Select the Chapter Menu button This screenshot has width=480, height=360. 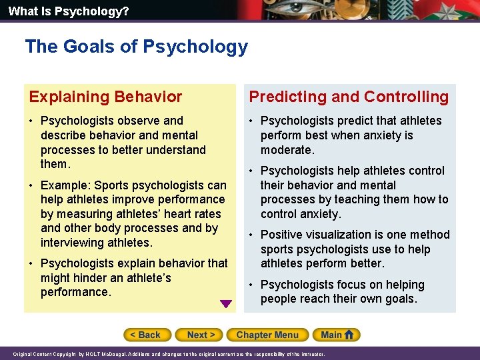coord(267,335)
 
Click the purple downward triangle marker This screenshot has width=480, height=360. coord(226,304)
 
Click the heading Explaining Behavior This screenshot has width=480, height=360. coord(105,97)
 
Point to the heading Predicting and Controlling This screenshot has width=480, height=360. coord(349,97)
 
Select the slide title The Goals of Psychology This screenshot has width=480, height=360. coord(136,47)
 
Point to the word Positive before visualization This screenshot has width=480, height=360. coord(283,235)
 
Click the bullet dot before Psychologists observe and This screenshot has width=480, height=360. coord(32,121)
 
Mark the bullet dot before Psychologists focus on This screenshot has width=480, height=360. coord(252,285)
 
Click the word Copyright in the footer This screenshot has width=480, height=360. coord(67,355)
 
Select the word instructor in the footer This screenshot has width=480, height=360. coord(311,355)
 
